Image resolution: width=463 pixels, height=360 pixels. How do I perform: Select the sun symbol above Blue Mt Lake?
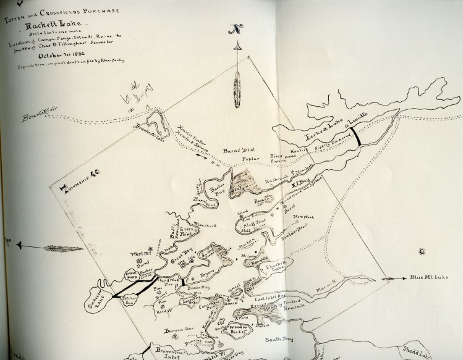tap(423, 252)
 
